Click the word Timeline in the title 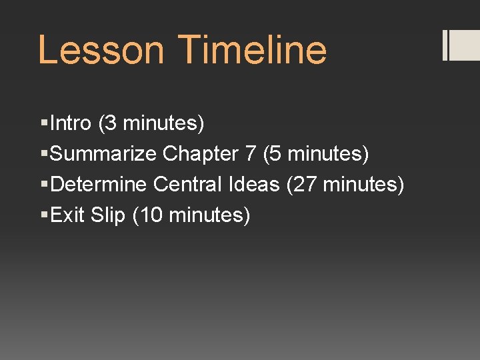(x=253, y=51)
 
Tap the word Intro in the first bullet (x=71, y=123)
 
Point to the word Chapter (x=201, y=154)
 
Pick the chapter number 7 (x=250, y=154)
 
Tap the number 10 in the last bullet (x=151, y=215)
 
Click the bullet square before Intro (x=44, y=123)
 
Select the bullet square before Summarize (x=44, y=154)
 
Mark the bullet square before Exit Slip (x=44, y=215)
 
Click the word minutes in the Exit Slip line (x=205, y=215)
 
